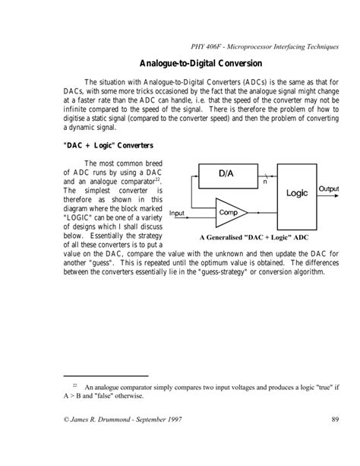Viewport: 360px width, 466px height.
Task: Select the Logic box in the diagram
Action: click(297, 193)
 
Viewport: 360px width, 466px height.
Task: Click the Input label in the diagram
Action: click(178, 213)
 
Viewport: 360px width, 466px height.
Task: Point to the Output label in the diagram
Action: click(329, 188)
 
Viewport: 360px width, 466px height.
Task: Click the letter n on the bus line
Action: click(264, 183)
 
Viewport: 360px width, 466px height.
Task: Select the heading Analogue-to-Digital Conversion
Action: click(201, 64)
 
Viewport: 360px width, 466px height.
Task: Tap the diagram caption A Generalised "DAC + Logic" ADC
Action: click(254, 237)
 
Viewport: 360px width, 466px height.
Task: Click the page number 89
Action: click(334, 422)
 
